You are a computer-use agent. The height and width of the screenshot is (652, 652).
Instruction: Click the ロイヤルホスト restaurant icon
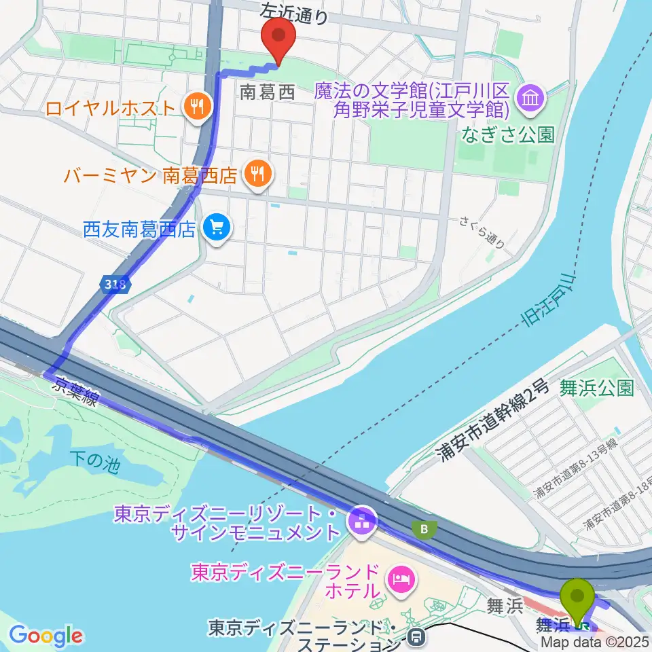pyautogui.click(x=197, y=106)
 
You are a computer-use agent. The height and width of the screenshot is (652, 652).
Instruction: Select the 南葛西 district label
pyautogui.click(x=268, y=93)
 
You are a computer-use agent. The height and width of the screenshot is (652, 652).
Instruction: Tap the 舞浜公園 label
pyautogui.click(x=597, y=388)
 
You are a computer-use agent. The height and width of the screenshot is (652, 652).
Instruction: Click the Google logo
pyautogui.click(x=46, y=636)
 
